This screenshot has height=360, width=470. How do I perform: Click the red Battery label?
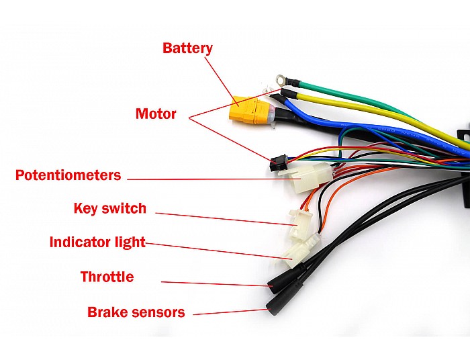tap(187, 48)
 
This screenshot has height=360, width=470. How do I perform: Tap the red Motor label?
tap(156, 114)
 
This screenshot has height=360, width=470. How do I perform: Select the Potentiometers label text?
tap(68, 175)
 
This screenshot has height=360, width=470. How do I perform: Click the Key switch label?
tap(110, 209)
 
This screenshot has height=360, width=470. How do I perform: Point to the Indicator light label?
tap(97, 242)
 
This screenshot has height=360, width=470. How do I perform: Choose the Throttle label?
tap(107, 277)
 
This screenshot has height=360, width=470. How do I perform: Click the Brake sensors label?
tap(136, 312)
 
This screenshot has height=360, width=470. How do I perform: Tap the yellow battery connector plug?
tap(249, 110)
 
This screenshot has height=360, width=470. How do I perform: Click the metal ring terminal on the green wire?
tap(281, 79)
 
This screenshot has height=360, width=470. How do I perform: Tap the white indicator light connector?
tap(295, 252)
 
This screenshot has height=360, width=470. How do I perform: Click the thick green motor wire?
tap(360, 96)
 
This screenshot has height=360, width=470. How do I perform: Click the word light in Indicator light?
tap(130, 242)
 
